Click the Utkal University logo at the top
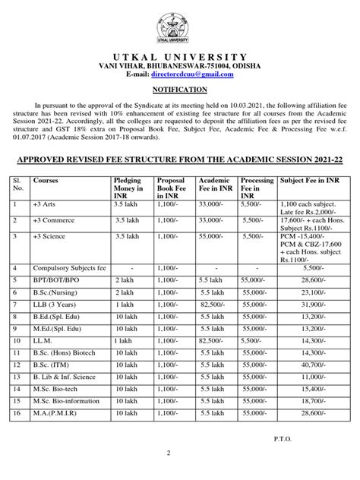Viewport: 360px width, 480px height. (x=180, y=24)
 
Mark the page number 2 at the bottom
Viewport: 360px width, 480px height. (x=180, y=472)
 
